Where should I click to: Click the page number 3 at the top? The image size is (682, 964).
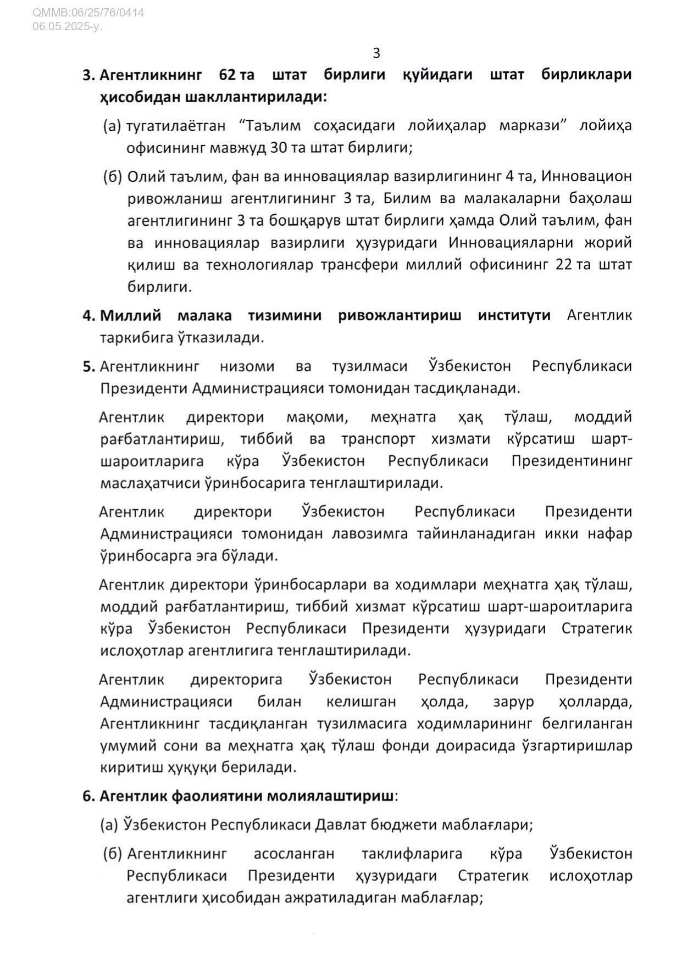(376, 53)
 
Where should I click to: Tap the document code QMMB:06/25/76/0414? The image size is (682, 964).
(88, 12)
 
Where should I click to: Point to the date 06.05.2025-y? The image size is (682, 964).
(67, 26)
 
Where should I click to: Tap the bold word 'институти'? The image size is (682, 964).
(514, 315)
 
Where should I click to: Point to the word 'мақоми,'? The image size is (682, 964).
(317, 417)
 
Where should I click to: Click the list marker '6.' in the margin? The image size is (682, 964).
(89, 796)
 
